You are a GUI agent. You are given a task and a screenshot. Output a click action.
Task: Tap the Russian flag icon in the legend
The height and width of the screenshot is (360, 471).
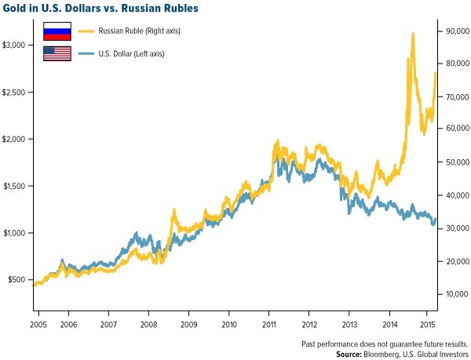[57, 31]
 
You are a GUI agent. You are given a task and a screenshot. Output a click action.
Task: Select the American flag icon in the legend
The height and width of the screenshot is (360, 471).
[57, 53]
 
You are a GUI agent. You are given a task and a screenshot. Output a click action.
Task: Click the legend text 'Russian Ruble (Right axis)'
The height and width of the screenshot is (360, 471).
[144, 31]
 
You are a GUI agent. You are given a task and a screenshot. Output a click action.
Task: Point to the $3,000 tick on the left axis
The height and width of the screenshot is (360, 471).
[16, 45]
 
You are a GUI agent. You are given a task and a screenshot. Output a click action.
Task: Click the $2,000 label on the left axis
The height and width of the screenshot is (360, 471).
[16, 139]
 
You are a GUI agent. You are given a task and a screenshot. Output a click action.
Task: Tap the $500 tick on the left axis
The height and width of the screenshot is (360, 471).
[20, 280]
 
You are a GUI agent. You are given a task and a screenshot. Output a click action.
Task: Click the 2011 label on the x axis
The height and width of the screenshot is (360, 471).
[269, 323]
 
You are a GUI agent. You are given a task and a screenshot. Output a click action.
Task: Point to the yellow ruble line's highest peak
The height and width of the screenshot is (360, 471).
[413, 35]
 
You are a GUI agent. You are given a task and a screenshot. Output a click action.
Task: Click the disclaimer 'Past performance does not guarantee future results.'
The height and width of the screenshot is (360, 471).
[385, 344]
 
